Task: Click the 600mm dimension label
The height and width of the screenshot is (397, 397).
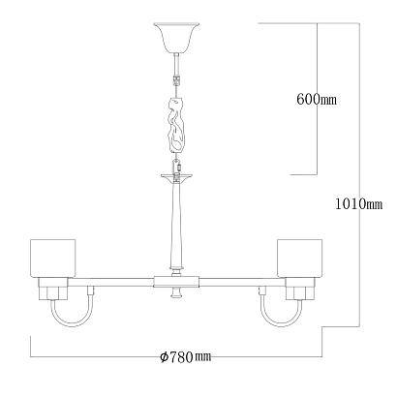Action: point(317,99)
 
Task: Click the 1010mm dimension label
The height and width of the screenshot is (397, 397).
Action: point(358,204)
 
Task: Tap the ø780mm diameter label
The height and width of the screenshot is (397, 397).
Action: point(186,356)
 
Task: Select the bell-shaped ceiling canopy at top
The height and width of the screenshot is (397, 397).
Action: point(176,38)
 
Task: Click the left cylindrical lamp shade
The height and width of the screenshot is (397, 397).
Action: point(52,258)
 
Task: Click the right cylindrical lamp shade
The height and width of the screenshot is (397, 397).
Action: point(299,258)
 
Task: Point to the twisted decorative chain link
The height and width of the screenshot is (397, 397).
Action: point(176,124)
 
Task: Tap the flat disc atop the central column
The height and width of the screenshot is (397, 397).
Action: point(176,176)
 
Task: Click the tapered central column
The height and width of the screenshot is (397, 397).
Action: point(176,225)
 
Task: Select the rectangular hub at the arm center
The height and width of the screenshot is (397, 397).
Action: point(176,282)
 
